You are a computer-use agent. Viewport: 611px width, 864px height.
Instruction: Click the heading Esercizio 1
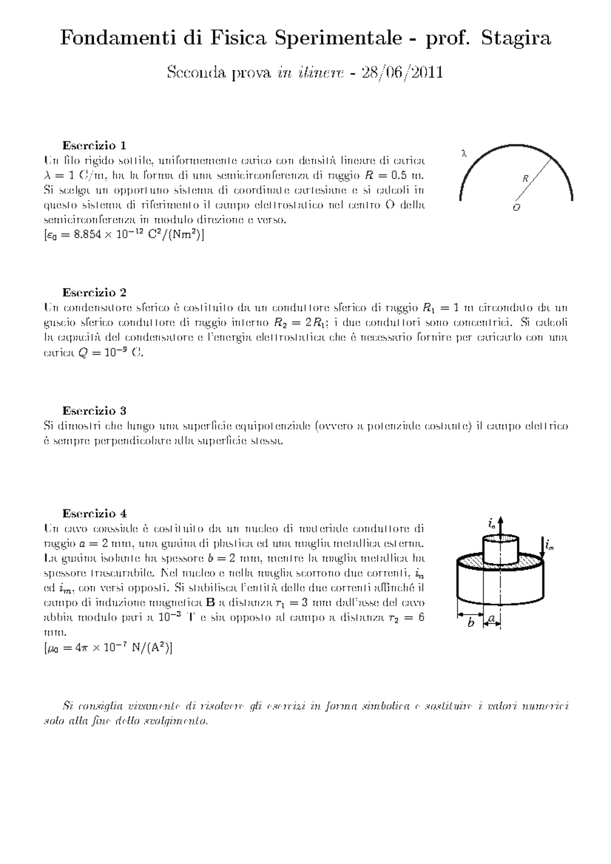coord(94,146)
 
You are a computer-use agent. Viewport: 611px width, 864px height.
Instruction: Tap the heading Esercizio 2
coord(94,293)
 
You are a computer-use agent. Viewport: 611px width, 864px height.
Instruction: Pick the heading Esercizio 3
coord(94,411)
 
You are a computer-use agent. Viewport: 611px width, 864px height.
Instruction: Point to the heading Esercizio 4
coord(94,513)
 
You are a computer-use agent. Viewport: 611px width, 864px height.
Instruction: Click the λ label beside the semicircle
coord(463,152)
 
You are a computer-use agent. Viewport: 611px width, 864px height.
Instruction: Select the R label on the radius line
coord(525,179)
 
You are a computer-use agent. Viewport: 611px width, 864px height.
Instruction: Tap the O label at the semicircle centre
coord(516,208)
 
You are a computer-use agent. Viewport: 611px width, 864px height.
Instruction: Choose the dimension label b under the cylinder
coord(471,623)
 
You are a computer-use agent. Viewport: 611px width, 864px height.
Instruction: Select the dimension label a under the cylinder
coord(492,618)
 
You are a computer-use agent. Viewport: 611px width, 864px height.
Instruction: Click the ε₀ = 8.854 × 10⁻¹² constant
coord(124,235)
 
